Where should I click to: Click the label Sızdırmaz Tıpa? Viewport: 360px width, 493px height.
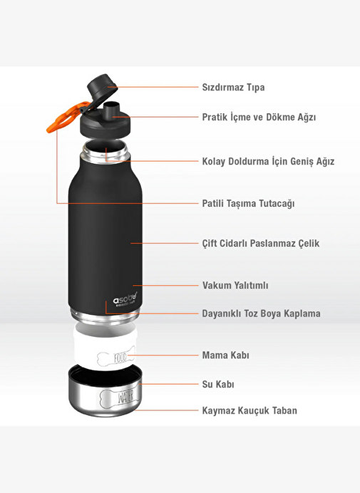(233, 87)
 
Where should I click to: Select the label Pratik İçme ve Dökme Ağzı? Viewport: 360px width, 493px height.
(259, 117)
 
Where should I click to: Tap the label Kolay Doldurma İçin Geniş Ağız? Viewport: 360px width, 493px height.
(268, 161)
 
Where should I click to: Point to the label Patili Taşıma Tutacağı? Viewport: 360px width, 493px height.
(248, 204)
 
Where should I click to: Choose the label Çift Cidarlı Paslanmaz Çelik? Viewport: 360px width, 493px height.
(261, 243)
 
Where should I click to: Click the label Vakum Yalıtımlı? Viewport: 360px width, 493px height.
(235, 286)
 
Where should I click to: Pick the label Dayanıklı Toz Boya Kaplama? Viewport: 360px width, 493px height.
(261, 313)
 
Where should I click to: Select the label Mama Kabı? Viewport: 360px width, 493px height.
(225, 356)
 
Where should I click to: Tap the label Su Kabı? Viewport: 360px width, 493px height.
(217, 384)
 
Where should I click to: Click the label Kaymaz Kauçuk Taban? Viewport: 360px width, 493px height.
(250, 410)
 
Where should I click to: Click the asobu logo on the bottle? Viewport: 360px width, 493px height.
(125, 298)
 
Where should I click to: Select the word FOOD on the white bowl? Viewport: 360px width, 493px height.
(120, 358)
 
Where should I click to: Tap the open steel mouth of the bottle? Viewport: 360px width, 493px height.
(105, 150)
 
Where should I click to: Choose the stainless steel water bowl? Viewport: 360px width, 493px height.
(105, 390)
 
